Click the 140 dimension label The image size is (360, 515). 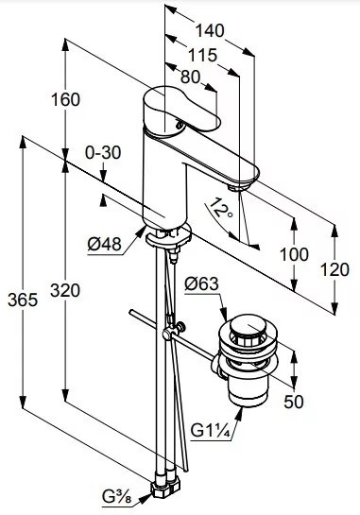[x=210, y=31]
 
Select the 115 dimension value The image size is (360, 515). [x=202, y=55]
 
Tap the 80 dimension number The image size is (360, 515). [x=190, y=77]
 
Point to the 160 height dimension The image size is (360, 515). [x=65, y=99]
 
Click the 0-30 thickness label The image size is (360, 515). [x=103, y=153]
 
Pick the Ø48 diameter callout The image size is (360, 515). [x=105, y=244]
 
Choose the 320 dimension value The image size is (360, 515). [x=65, y=290]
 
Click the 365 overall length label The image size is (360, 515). [x=23, y=300]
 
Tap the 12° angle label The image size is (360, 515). [x=220, y=209]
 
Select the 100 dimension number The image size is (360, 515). [x=294, y=254]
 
